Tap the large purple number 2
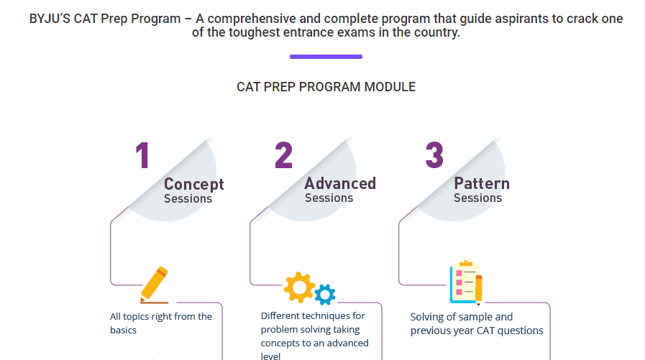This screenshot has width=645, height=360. pyautogui.click(x=283, y=155)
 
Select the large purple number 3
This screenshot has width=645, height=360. pyautogui.click(x=434, y=155)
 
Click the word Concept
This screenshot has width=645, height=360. pyautogui.click(x=193, y=184)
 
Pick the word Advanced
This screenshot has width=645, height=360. pyautogui.click(x=339, y=183)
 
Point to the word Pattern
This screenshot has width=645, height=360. pyautogui.click(x=481, y=183)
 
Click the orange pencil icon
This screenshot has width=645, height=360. pyautogui.click(x=155, y=285)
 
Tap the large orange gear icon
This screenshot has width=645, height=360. pyautogui.click(x=299, y=287)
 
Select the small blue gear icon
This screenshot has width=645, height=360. pyautogui.click(x=326, y=293)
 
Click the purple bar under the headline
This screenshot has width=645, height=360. pyautogui.click(x=326, y=56)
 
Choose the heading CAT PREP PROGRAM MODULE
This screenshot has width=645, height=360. pyautogui.click(x=326, y=87)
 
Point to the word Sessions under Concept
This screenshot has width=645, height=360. pyautogui.click(x=188, y=198)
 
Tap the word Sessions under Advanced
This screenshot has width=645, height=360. pyautogui.click(x=329, y=198)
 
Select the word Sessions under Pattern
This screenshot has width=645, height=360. pyautogui.click(x=477, y=198)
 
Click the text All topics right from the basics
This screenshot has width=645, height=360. pyautogui.click(x=161, y=323)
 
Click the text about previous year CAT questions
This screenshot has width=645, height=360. pyautogui.click(x=476, y=323)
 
